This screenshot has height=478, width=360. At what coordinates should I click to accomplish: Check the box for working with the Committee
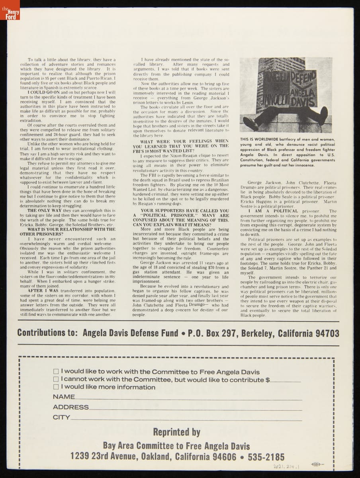click(56, 371)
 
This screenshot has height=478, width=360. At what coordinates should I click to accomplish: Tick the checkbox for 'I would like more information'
click(56, 387)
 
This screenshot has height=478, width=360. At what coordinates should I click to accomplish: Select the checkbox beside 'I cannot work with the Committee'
click(56, 379)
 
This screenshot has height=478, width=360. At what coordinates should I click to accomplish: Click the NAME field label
click(64, 397)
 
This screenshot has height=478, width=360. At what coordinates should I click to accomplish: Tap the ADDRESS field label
click(71, 407)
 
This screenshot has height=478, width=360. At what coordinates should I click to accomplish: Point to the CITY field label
click(61, 417)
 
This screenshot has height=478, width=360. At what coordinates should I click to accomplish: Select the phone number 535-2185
click(266, 456)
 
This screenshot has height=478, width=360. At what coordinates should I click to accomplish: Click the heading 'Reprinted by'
click(176, 432)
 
